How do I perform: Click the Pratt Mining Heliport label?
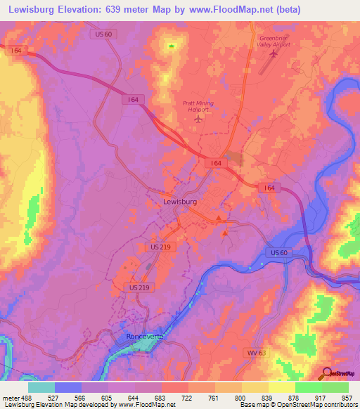click(198, 106)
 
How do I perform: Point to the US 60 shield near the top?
click(101, 33)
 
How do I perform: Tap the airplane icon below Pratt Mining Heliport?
click(198, 117)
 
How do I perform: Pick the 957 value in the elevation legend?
click(348, 398)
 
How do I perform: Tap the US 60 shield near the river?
click(278, 252)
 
